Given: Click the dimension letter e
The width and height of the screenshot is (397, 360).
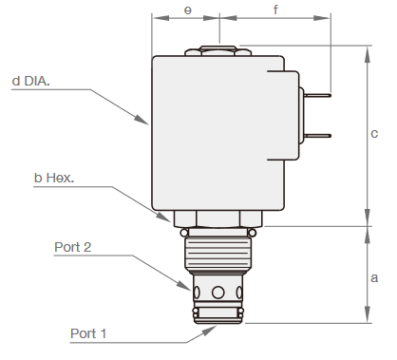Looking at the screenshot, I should (x=187, y=10).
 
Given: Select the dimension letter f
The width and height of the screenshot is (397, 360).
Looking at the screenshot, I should (x=275, y=10).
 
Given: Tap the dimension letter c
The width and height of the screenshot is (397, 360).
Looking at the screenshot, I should (x=374, y=134).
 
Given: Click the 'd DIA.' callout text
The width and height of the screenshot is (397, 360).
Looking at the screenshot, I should (x=45, y=81).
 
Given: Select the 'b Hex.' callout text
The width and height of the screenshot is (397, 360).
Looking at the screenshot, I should (x=54, y=178).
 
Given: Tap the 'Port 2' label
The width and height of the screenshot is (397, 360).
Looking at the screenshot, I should (x=73, y=248).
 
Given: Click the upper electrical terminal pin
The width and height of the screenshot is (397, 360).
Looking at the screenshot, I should (x=317, y=95).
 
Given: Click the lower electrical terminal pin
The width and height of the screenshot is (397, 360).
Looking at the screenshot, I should (x=317, y=135).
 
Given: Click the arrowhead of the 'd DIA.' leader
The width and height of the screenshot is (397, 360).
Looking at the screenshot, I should (x=145, y=123).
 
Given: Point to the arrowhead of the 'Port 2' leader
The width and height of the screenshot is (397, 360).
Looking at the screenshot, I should (x=189, y=287).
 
